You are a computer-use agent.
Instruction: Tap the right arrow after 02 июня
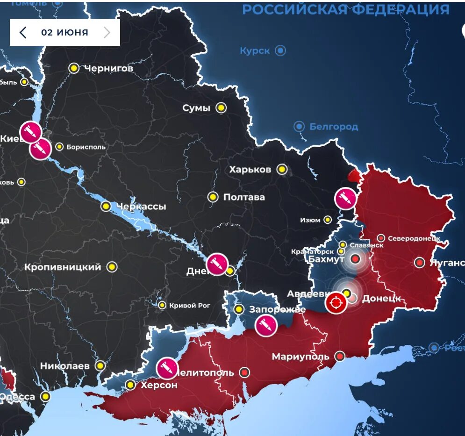107,32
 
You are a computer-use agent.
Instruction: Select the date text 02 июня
64,32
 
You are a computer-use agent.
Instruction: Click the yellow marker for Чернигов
74,68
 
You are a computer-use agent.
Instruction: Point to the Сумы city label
196,108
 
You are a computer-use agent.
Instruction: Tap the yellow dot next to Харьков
282,169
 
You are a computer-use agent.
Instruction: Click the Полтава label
244,197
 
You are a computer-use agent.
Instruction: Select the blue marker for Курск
280,50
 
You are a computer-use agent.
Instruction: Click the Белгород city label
334,127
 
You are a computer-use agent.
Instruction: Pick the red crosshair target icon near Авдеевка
336,303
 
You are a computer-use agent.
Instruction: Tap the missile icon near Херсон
166,368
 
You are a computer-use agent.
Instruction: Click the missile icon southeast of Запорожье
266,325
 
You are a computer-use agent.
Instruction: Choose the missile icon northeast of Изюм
346,199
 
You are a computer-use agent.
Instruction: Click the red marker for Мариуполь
340,356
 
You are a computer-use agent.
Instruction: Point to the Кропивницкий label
63,267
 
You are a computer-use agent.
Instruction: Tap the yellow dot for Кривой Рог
162,305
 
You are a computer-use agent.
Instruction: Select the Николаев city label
64,366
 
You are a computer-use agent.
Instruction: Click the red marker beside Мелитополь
244,372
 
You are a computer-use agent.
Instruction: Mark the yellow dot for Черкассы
106,206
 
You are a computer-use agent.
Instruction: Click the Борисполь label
86,147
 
